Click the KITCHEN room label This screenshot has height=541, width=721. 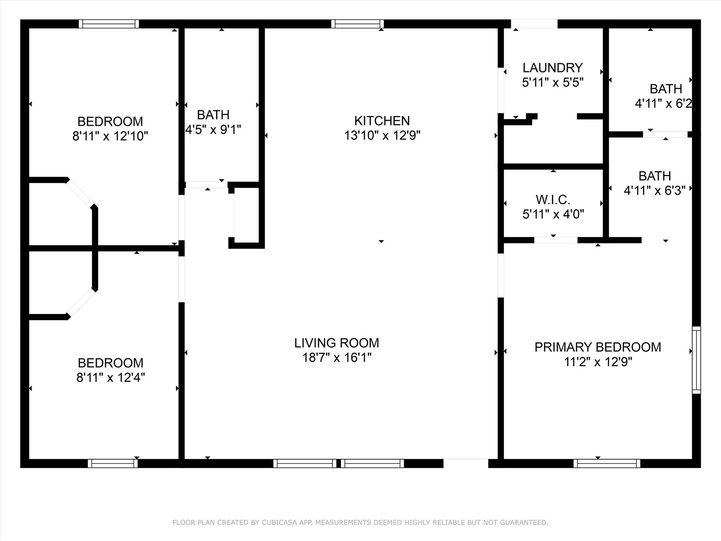click(382, 121)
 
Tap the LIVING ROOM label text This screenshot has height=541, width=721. click(337, 343)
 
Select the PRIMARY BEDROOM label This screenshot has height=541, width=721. click(598, 347)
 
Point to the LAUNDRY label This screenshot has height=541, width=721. click(553, 68)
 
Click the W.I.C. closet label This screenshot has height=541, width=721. click(553, 200)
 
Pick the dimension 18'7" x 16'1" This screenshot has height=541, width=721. click(337, 357)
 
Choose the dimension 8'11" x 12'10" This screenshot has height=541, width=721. click(110, 136)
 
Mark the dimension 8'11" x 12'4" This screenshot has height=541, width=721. click(111, 378)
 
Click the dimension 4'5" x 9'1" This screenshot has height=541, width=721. click(213, 130)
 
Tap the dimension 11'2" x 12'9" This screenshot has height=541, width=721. click(598, 362)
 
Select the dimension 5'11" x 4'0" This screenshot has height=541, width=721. click(553, 214)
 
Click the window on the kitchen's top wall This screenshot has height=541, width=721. click(357, 24)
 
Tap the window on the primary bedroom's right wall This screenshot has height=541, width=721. click(696, 360)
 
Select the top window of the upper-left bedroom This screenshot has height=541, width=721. click(109, 24)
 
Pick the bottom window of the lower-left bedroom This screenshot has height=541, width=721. click(113, 464)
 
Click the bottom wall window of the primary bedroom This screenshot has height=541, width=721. click(607, 464)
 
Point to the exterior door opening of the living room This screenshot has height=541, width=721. click(466, 463)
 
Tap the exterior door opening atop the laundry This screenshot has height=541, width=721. click(534, 24)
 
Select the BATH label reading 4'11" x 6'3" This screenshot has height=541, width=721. click(655, 183)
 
